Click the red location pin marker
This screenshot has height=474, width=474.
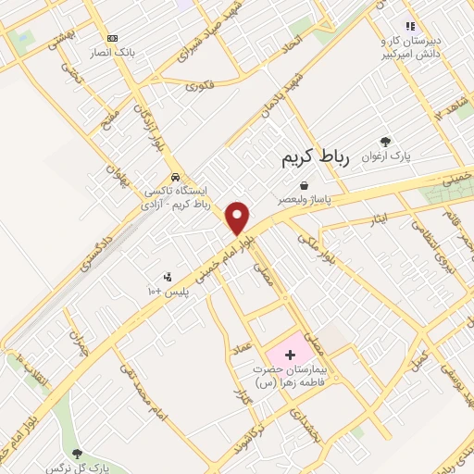coord(238,218)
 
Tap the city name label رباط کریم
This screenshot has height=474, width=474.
coord(315,159)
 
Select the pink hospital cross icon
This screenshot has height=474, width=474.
coord(290,355)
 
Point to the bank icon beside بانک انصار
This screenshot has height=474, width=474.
coord(113,38)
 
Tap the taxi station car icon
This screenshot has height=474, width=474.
coord(175,178)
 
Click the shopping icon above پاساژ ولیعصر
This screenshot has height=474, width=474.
coord(304,185)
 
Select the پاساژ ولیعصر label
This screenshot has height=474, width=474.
coord(303,199)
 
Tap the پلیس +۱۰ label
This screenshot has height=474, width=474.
coord(168,291)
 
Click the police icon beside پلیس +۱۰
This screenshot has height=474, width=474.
coord(168,276)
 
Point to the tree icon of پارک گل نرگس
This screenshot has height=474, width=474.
coord(78,453)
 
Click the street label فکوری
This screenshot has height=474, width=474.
coord(199,86)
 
